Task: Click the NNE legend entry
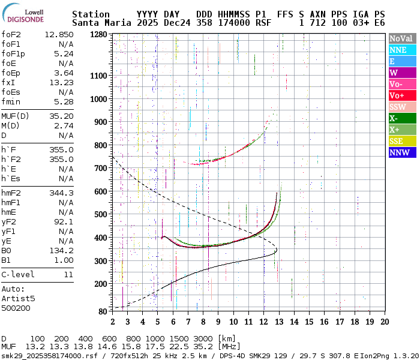(x=401, y=50)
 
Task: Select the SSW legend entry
(x=401, y=107)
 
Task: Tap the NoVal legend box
(x=401, y=38)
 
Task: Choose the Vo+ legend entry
(x=401, y=95)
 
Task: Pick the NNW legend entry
(x=401, y=152)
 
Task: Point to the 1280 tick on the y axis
(x=100, y=35)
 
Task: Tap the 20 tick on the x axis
(x=384, y=322)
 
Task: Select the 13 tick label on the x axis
(x=278, y=322)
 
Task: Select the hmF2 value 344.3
(x=61, y=193)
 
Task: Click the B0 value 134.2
(x=61, y=250)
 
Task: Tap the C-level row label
(x=18, y=274)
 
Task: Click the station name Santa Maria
(x=96, y=23)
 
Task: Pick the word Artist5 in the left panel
(x=18, y=298)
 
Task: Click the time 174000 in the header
(x=235, y=23)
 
